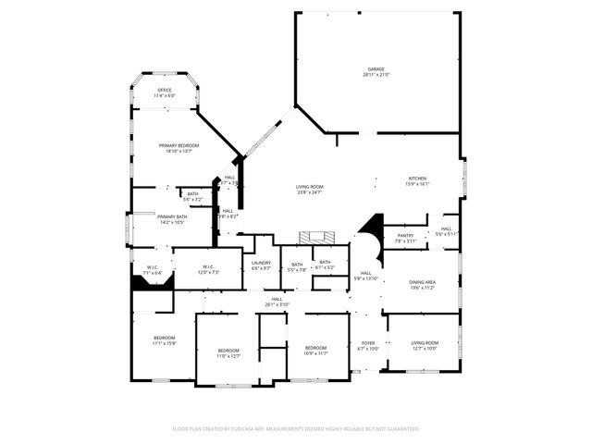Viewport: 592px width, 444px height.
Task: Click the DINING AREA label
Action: point(423,284)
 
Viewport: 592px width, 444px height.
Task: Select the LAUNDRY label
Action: point(261,265)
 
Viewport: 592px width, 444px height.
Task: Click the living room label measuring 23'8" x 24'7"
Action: point(309,190)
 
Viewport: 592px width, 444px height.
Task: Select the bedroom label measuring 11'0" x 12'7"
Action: point(228,352)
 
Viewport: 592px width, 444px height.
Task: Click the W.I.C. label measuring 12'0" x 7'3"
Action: point(208,270)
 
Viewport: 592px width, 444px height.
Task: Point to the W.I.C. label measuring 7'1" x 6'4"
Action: point(153,270)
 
